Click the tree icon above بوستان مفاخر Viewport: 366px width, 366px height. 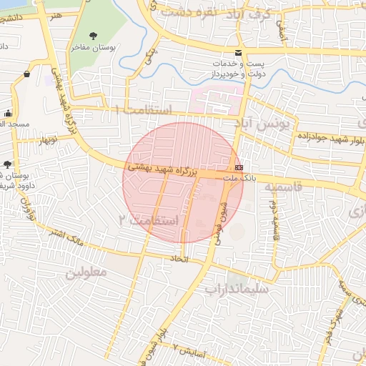(x=94, y=36)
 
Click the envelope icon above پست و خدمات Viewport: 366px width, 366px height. (x=239, y=54)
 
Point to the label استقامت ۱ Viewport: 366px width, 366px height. (x=143, y=111)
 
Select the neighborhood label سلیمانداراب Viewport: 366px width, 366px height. (x=236, y=290)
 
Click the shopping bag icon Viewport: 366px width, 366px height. (x=26, y=74)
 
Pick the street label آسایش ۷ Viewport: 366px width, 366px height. (x=189, y=353)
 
